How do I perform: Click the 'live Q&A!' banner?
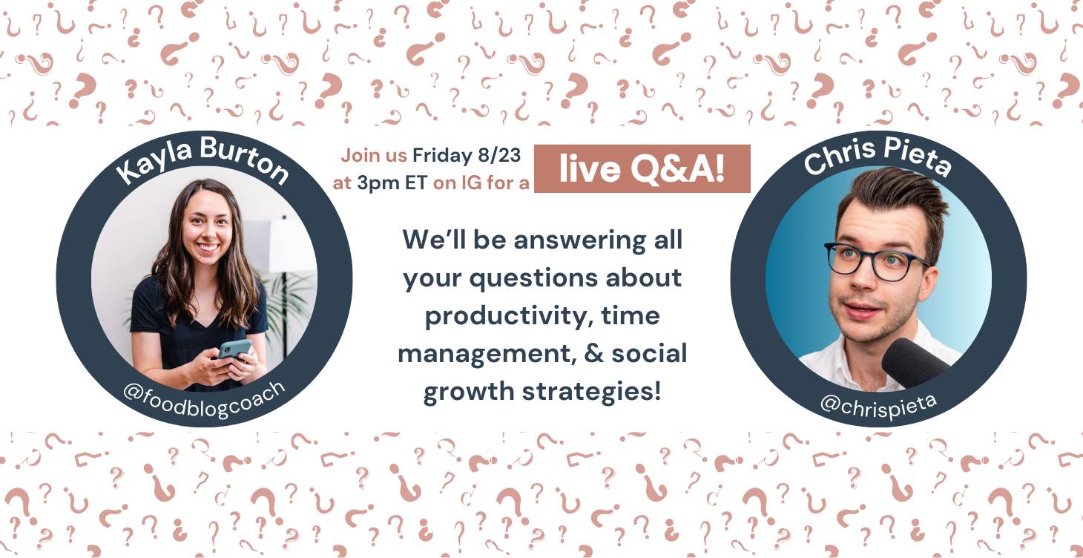(642, 168)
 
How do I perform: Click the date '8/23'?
(499, 155)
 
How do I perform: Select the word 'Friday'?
(442, 156)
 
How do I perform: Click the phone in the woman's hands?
(235, 348)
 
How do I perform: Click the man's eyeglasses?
(873, 261)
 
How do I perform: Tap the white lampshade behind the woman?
(292, 245)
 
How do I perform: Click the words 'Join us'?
(374, 156)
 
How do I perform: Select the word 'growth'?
(469, 392)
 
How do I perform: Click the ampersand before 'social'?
(593, 353)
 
